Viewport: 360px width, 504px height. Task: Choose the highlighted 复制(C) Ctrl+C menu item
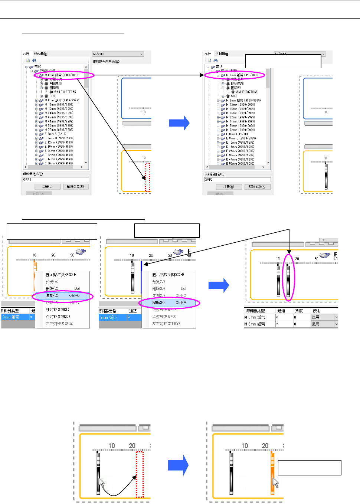coord(62,296)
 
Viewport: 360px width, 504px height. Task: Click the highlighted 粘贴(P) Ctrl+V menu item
coord(169,303)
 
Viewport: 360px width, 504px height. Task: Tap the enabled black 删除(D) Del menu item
coord(52,288)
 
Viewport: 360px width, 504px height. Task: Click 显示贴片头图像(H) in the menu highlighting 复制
coord(62,275)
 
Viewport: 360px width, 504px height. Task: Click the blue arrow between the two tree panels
coord(179,123)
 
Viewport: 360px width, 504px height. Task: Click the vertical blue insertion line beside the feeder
coord(141,276)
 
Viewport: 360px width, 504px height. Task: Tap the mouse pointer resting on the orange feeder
coord(275,483)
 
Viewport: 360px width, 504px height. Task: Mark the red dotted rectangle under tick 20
coord(140,474)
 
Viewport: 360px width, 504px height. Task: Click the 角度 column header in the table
coord(299,311)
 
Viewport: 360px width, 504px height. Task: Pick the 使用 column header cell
coord(317,311)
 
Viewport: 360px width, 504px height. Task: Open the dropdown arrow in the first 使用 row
coord(336,317)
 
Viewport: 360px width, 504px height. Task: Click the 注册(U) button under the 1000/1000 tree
coord(47,187)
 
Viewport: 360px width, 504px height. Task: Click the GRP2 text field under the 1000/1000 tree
coord(56,180)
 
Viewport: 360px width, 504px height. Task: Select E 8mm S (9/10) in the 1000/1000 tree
coord(56,134)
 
